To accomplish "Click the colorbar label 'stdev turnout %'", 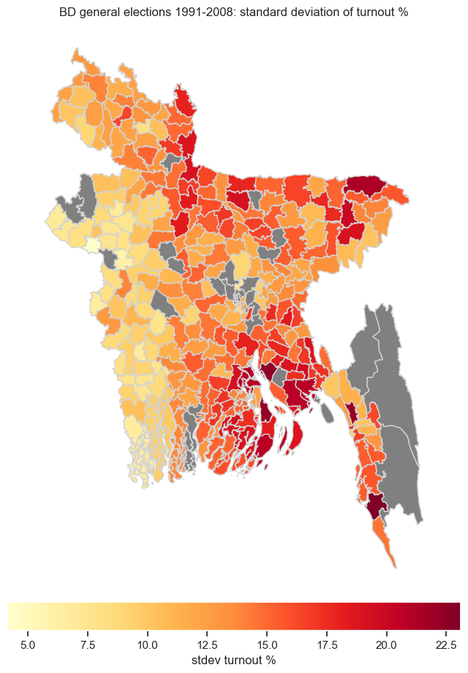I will [x=233, y=661].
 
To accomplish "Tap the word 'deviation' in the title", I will [x=307, y=13].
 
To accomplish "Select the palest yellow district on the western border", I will [x=91, y=245].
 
